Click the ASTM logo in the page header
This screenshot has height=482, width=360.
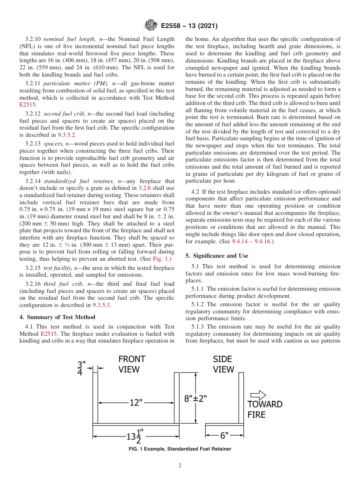pyautogui.click(x=151, y=26)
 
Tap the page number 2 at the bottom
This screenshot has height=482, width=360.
pyautogui.click(x=180, y=466)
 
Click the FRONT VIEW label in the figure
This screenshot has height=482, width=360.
pyautogui.click(x=131, y=364)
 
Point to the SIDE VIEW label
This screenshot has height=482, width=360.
pyautogui.click(x=223, y=364)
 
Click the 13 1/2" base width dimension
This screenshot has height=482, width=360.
pyautogui.click(x=133, y=436)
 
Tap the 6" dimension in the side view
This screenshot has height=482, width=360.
pyautogui.click(x=224, y=436)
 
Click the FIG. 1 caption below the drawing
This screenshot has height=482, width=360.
pyautogui.click(x=180, y=449)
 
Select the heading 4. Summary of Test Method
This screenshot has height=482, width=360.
pyautogui.click(x=57, y=317)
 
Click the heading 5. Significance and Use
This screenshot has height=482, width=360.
pyautogui.click(x=217, y=256)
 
